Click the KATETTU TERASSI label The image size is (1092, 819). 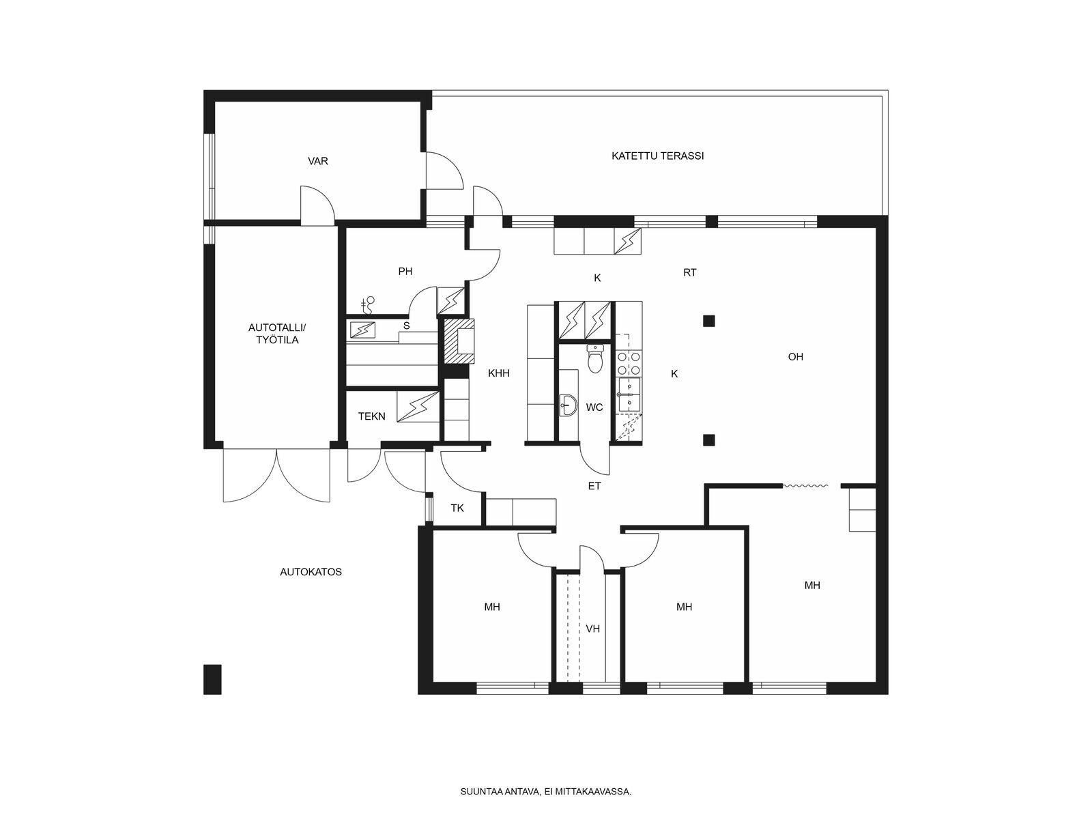[x=657, y=156]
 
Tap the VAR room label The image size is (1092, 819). [x=317, y=161]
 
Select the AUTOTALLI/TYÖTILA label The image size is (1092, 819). [x=277, y=334]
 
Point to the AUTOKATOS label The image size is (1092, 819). [x=311, y=572]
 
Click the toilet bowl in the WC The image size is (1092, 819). [x=595, y=358]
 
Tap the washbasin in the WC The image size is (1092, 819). [x=568, y=405]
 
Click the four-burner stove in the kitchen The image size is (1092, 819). [x=629, y=363]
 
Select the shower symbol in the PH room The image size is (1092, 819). [x=368, y=305]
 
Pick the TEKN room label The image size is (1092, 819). [x=372, y=416]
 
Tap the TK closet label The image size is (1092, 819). [x=457, y=508]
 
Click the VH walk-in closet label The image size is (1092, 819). [x=592, y=629]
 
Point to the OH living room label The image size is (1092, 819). [x=796, y=356]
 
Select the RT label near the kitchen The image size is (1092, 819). [x=689, y=272]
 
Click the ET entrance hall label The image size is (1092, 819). [x=594, y=486]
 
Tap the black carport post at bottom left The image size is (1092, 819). [x=212, y=679]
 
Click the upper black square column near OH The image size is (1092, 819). [x=709, y=321]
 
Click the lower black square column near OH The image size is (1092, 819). [x=709, y=440]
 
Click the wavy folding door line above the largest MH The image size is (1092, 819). [x=805, y=485]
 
